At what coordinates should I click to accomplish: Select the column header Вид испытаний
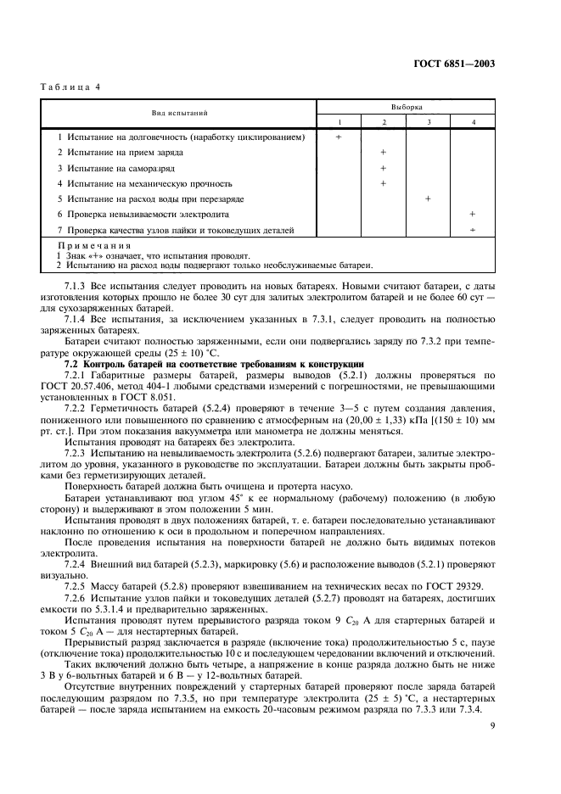click(x=180, y=113)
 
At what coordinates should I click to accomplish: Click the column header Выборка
click(x=406, y=107)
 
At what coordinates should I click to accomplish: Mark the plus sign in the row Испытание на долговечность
click(x=339, y=137)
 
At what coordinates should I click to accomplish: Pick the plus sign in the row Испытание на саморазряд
click(x=384, y=168)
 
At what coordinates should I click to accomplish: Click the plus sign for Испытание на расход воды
click(x=428, y=198)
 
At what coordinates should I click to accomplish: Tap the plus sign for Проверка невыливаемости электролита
click(x=472, y=215)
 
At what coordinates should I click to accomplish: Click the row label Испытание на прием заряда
click(x=125, y=153)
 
